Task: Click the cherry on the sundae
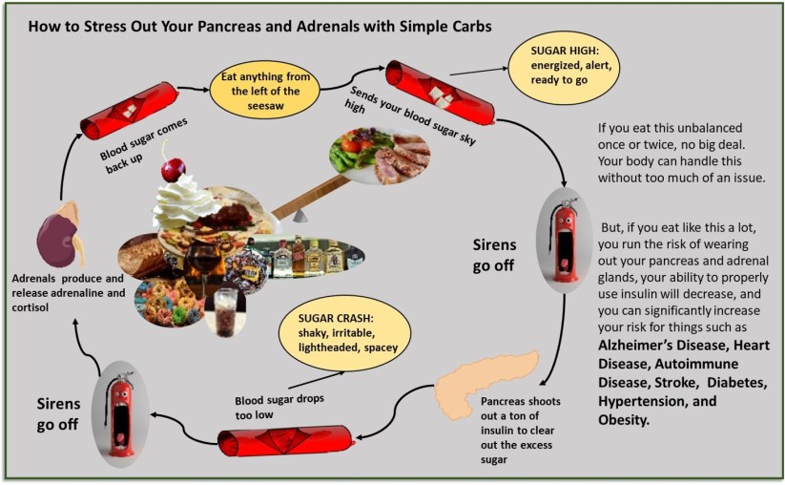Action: [173, 169]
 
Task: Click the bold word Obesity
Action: [624, 418]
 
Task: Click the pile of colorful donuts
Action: [172, 301]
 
